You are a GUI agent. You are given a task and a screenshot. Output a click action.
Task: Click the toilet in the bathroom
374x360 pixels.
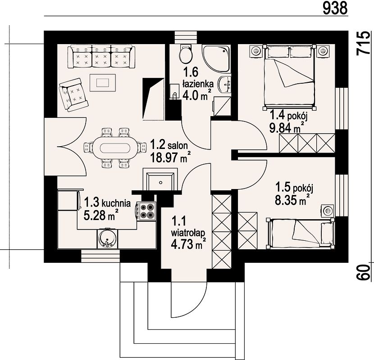pos(186,54)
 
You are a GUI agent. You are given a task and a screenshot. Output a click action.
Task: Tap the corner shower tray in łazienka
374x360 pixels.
pos(216,58)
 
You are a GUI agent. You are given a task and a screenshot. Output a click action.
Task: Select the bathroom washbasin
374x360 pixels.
pos(225,85)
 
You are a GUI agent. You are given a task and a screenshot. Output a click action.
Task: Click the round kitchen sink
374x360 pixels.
pos(107,238)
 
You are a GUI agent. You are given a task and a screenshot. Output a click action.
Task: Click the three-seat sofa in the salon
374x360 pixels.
pos(101,56)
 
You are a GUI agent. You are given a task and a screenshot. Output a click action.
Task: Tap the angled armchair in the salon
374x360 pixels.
pos(73,95)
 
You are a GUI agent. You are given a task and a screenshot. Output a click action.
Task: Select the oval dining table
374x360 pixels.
pos(115,148)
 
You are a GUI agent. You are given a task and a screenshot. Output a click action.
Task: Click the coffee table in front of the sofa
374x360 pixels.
pos(103,83)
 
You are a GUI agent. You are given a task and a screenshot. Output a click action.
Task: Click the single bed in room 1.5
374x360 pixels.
pos(301,233)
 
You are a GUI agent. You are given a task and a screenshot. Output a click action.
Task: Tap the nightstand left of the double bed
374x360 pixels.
pos(256,51)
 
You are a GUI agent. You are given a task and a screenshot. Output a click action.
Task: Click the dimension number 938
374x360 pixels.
pos(335,9)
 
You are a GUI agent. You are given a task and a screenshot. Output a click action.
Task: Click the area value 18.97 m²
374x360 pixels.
pos(170,157)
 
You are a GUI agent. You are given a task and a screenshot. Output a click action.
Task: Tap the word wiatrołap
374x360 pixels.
pos(188,233)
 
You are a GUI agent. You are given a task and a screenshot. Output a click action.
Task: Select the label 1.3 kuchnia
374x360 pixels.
pos(107,203)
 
